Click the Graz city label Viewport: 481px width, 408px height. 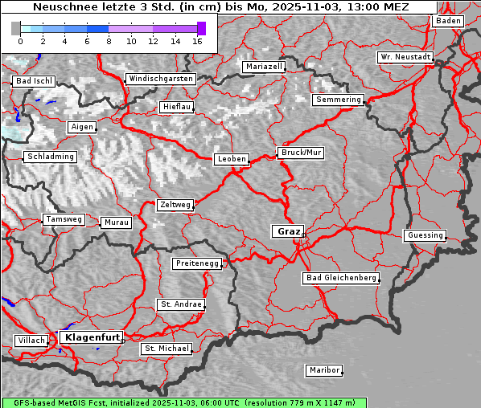288,231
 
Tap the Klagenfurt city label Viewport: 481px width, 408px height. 92,337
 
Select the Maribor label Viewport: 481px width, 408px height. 324,370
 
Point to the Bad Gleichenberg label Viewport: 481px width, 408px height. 340,278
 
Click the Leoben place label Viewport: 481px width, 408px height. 232,159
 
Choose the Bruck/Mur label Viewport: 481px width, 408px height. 300,152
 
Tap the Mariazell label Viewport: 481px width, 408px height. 264,67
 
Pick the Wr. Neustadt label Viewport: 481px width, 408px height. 405,57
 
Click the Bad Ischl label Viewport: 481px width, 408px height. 34,81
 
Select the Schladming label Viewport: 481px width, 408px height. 50,157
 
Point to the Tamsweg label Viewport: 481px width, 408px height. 64,219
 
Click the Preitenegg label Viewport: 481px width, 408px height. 196,263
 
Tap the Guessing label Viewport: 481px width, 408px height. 424,235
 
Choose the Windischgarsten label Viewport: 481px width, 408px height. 160,79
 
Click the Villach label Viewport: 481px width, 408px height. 31,341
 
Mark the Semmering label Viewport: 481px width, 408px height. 338,100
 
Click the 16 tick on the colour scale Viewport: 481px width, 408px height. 197,40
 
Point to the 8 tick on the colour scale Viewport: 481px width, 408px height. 109,40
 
